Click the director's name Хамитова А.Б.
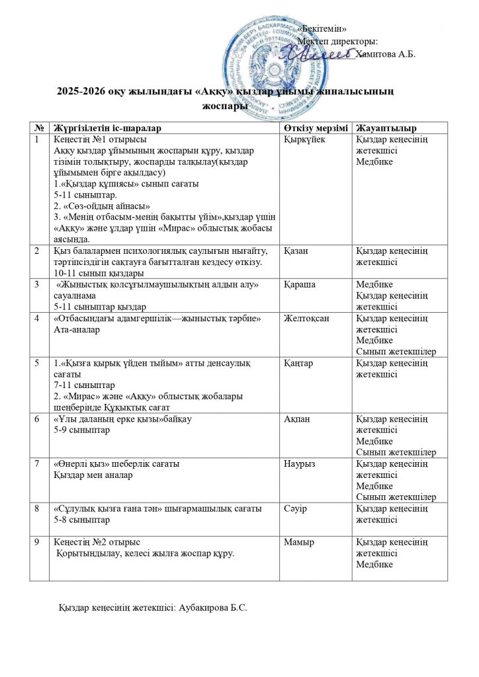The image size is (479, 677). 385,54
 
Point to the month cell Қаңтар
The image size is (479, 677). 298,363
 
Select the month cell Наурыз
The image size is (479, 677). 298,465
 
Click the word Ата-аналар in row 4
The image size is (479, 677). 75,329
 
